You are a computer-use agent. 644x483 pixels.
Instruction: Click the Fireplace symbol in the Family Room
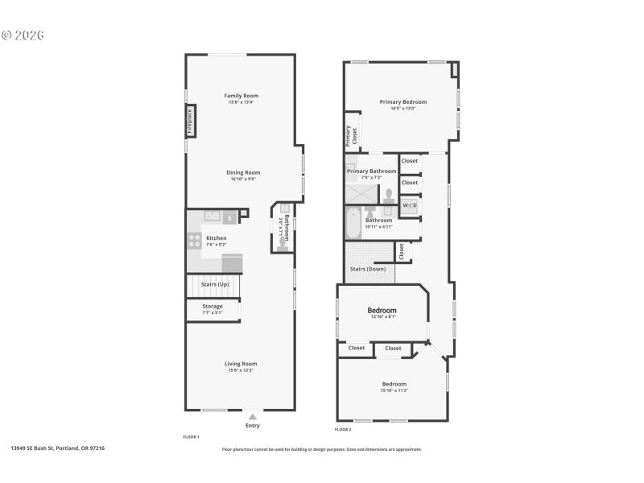pyautogui.click(x=190, y=121)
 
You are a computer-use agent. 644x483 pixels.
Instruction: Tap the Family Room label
pyautogui.click(x=242, y=96)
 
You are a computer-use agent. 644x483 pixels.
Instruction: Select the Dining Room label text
pyautogui.click(x=242, y=172)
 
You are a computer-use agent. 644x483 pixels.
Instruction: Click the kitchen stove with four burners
pyautogui.click(x=194, y=238)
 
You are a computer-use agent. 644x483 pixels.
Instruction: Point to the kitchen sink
pyautogui.click(x=212, y=216)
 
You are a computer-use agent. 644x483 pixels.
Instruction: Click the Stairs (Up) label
pyautogui.click(x=215, y=284)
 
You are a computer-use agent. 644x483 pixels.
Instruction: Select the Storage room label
pyautogui.click(x=213, y=307)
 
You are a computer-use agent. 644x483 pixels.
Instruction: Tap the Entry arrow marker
pyautogui.click(x=253, y=416)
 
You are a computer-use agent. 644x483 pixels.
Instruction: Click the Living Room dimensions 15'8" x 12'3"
pyautogui.click(x=241, y=370)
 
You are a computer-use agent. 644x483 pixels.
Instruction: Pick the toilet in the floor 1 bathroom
pyautogui.click(x=281, y=248)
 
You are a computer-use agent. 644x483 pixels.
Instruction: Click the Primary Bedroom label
pyautogui.click(x=403, y=102)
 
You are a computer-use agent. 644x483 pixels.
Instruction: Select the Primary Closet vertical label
pyautogui.click(x=351, y=134)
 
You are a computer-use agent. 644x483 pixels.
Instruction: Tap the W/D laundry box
pyautogui.click(x=410, y=206)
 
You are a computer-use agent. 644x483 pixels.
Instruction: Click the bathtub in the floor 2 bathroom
pyautogui.click(x=354, y=223)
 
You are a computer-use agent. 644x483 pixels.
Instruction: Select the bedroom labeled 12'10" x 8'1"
pyautogui.click(x=382, y=311)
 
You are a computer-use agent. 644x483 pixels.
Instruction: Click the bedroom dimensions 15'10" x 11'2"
pyautogui.click(x=394, y=390)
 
